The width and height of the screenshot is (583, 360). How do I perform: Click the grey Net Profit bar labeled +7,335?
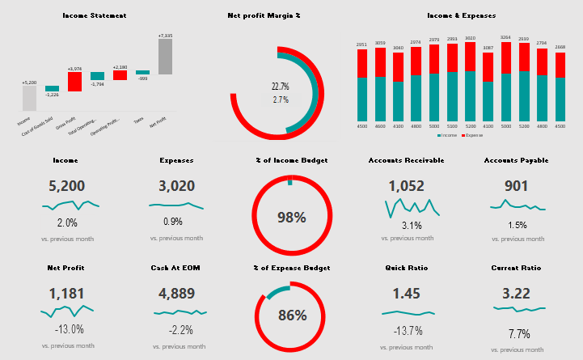165,57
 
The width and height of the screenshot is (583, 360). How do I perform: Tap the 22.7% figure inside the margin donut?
281,87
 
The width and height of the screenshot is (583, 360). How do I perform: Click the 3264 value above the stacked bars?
505,37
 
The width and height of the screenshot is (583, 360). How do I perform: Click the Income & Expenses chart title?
462,15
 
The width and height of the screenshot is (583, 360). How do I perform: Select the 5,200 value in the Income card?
66,186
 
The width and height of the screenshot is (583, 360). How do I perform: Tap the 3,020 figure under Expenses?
176,186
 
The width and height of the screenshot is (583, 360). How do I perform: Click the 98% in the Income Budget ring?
291,217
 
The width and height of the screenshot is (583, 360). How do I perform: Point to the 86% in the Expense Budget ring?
292,316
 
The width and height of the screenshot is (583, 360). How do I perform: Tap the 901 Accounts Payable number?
516,186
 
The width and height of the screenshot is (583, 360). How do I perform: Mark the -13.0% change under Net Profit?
67,329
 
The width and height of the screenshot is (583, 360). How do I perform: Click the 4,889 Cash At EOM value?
176,293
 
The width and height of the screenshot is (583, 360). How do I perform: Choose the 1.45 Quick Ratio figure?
406,293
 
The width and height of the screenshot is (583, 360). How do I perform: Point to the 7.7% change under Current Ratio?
518,333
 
